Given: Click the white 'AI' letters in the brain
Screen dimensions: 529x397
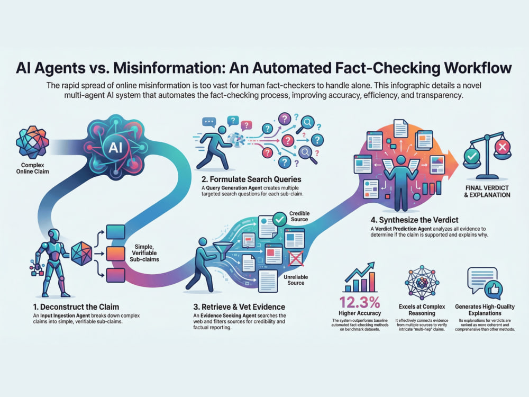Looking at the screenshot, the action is [x=115, y=148].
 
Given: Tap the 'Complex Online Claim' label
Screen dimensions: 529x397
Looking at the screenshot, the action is [x=32, y=168].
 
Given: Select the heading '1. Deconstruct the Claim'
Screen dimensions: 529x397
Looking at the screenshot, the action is [x=76, y=307].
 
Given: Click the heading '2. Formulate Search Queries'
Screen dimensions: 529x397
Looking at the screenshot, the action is [x=251, y=179].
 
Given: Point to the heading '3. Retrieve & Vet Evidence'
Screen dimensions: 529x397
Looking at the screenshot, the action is [x=239, y=307].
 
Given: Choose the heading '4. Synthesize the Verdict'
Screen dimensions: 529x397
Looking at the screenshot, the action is [x=414, y=220].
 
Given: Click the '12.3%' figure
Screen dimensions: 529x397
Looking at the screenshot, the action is [x=359, y=302].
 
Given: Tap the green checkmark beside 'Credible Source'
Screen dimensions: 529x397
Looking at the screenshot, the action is [x=279, y=220].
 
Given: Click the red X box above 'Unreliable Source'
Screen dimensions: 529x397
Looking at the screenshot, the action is [x=296, y=259].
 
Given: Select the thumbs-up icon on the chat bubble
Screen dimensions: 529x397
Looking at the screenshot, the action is [x=494, y=290].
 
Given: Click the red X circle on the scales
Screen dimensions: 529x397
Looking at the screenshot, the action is [x=502, y=147].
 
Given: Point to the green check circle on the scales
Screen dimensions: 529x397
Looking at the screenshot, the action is [x=472, y=156].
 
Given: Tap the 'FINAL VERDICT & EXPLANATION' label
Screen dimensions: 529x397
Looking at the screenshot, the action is [x=487, y=192].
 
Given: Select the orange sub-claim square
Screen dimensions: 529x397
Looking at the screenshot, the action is [x=116, y=254].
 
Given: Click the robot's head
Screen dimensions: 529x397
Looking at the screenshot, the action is [x=53, y=235].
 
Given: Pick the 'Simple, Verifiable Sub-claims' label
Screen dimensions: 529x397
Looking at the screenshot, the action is [x=144, y=253].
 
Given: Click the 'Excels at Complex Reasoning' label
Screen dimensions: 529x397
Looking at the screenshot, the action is [x=422, y=310].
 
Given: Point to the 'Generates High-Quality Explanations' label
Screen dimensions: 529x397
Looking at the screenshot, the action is [x=485, y=310].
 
